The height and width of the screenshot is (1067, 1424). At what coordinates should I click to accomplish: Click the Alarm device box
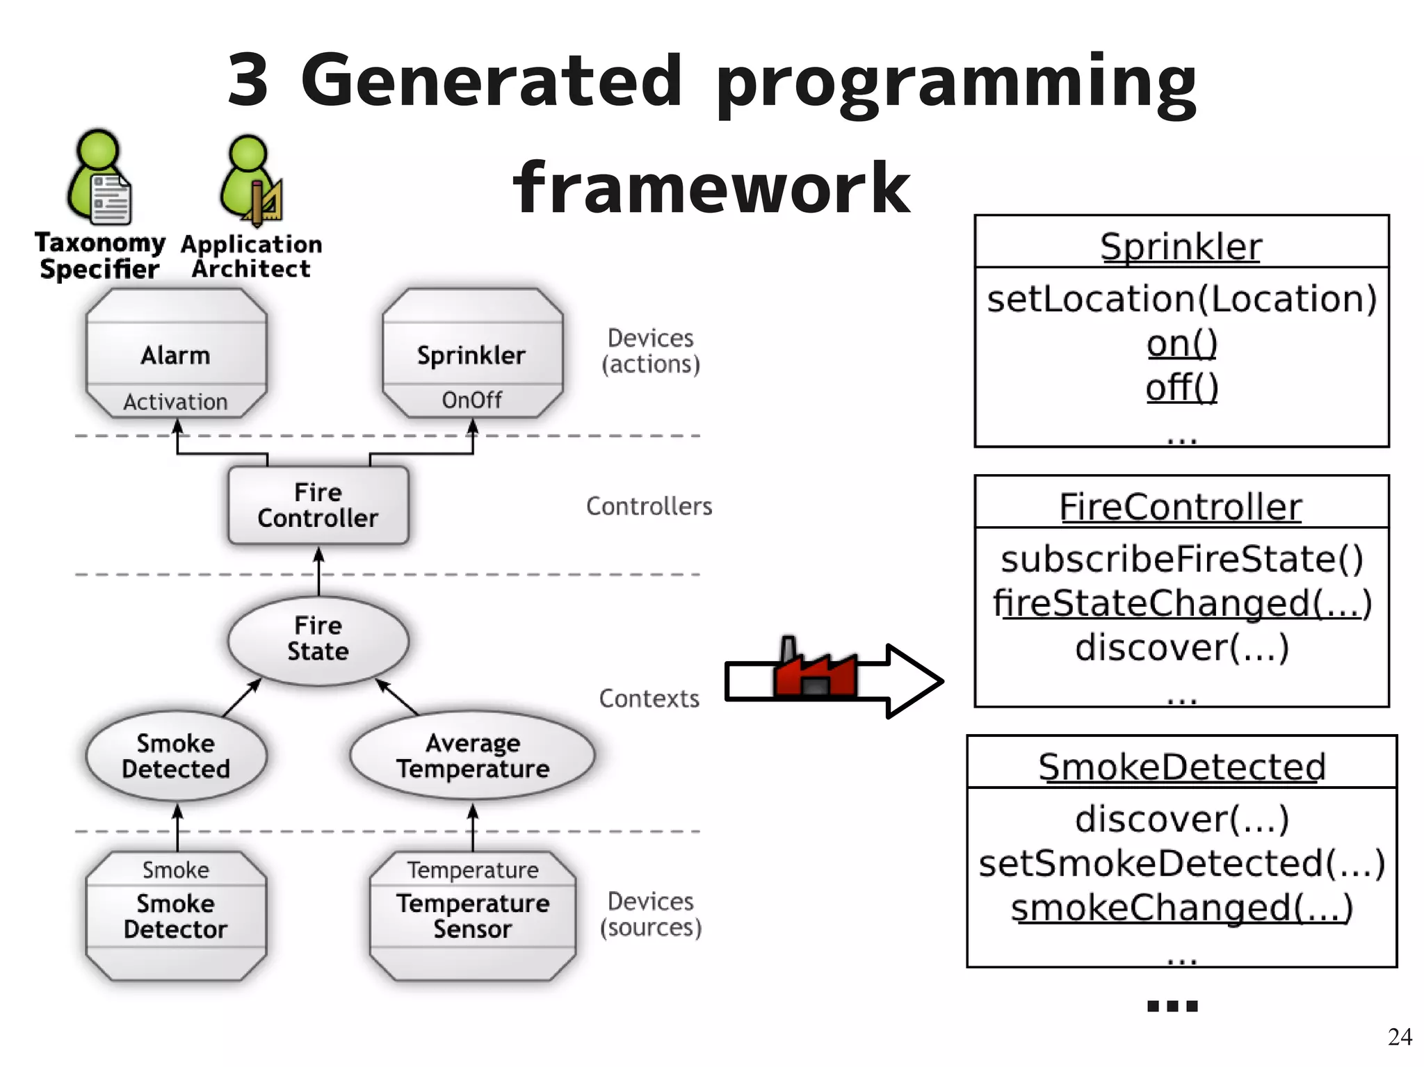pos(176,355)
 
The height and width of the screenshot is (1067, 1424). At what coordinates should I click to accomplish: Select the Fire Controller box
pos(318,505)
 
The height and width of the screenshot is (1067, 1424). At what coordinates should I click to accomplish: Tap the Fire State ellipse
pos(318,639)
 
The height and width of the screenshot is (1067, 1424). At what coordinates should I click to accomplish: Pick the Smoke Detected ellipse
pos(176,756)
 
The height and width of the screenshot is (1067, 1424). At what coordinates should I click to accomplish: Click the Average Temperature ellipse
pos(472,756)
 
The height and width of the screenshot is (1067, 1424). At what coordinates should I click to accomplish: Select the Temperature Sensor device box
pos(472,915)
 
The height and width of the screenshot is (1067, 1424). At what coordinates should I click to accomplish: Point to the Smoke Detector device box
pos(176,915)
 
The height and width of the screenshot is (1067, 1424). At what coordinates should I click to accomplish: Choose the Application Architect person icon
pos(251,181)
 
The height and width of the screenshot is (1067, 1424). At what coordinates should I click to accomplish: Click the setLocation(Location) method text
pos(1181,299)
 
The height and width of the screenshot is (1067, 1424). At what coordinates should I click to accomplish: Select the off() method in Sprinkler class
pos(1181,387)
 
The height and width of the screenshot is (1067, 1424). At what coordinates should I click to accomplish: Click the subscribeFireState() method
pos(1181,560)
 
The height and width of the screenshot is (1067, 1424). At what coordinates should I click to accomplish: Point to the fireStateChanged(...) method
pos(1181,603)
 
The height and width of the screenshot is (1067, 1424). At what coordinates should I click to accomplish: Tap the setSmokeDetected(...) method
pos(1181,863)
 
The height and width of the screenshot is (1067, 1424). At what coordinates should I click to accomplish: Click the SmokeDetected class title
pos(1181,767)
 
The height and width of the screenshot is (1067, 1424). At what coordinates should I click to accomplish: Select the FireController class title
pos(1180,507)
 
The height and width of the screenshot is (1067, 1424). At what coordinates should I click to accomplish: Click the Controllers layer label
pos(649,506)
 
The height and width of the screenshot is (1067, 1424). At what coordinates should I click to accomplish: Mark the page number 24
pos(1399,1036)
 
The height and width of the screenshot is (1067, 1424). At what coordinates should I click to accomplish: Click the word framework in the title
pos(711,188)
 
